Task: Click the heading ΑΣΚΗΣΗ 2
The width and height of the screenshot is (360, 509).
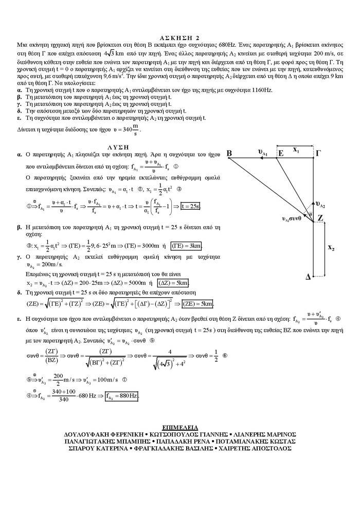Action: tap(179, 38)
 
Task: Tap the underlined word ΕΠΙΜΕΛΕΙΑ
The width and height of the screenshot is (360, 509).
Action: tap(179, 426)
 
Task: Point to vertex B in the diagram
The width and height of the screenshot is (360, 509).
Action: tap(229, 153)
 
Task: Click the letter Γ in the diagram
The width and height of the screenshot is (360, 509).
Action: tap(319, 153)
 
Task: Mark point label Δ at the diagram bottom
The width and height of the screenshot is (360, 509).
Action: tap(308, 277)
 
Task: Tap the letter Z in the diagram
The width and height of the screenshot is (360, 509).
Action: tap(320, 218)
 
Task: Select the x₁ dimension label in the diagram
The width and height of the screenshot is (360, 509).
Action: tap(297, 150)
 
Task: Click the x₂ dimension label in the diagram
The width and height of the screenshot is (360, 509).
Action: tap(331, 248)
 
